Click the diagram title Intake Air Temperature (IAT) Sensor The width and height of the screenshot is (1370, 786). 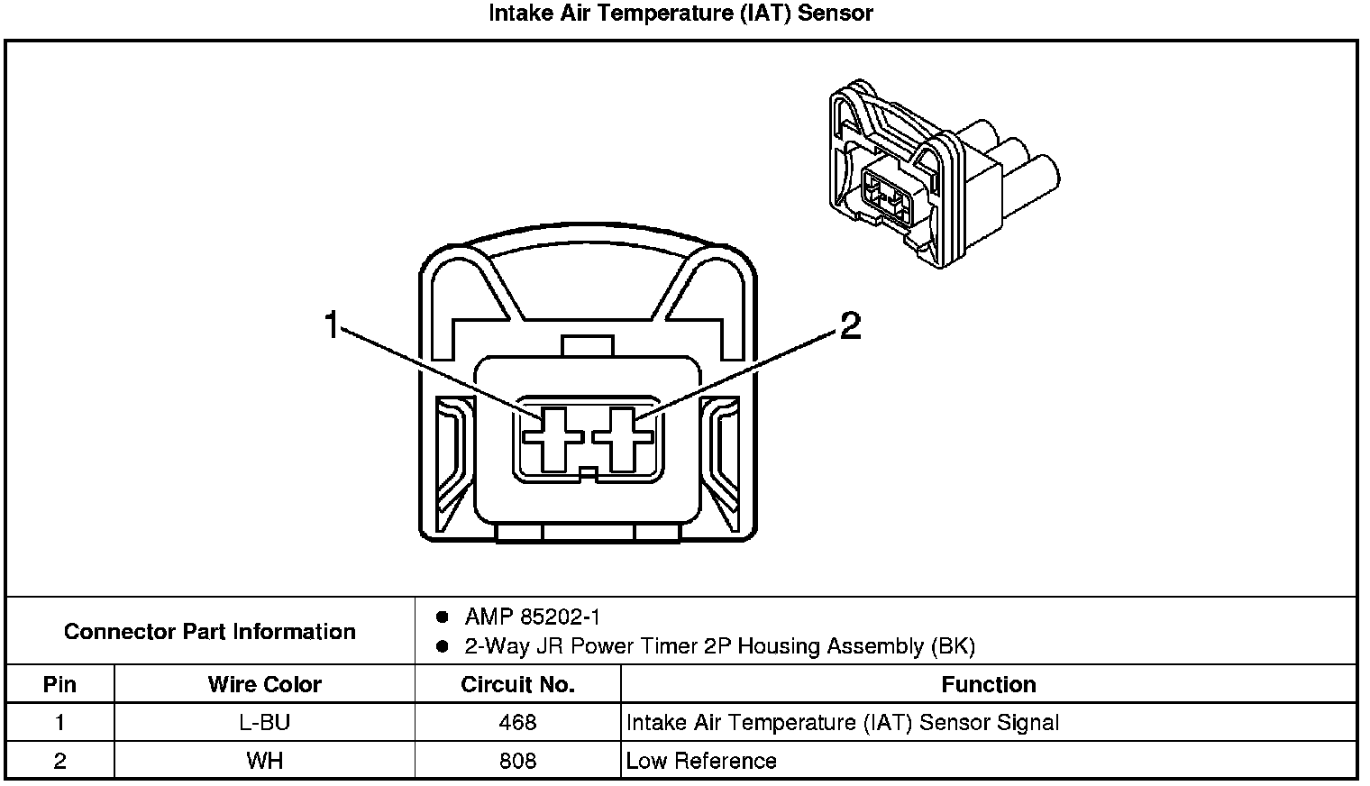[x=680, y=14]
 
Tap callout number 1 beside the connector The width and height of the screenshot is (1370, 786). [x=333, y=324]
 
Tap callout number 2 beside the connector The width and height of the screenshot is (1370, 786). [x=850, y=325]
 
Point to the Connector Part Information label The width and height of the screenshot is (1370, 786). [x=209, y=631]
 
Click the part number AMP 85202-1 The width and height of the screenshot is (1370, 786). [x=532, y=617]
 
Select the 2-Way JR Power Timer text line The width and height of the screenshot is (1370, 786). [x=719, y=646]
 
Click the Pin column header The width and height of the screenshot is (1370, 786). [x=59, y=684]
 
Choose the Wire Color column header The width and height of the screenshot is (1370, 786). [x=264, y=684]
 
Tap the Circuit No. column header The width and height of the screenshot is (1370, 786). [x=517, y=684]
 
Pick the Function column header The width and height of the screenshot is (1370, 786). [x=988, y=684]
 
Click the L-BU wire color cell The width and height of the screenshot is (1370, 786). [x=264, y=722]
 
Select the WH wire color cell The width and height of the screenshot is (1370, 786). [x=264, y=761]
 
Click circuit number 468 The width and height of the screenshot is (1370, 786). [x=517, y=722]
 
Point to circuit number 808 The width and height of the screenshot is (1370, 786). [x=517, y=761]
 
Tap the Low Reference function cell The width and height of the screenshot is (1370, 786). [x=701, y=761]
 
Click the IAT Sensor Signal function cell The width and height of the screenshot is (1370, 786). [x=842, y=722]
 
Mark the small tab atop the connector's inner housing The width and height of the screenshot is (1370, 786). [x=587, y=346]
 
